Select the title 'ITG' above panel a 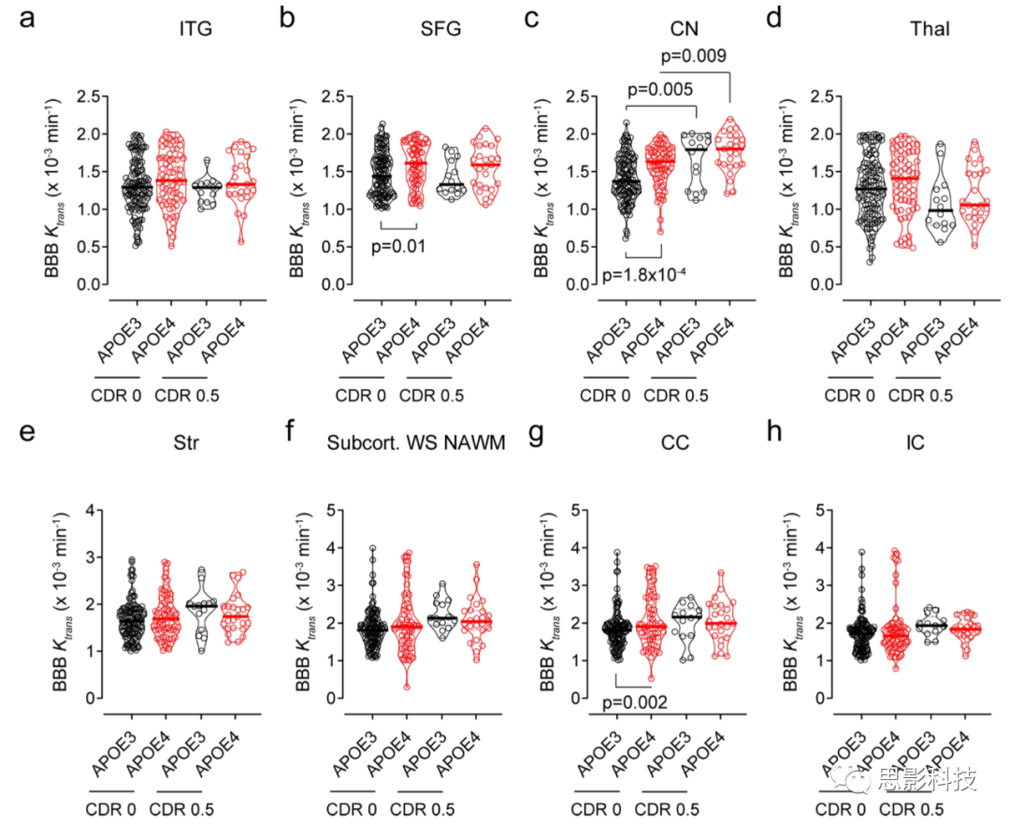195,29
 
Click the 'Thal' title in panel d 930,29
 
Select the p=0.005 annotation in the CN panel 659,90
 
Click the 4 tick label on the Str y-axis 92,511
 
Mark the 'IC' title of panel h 916,442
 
